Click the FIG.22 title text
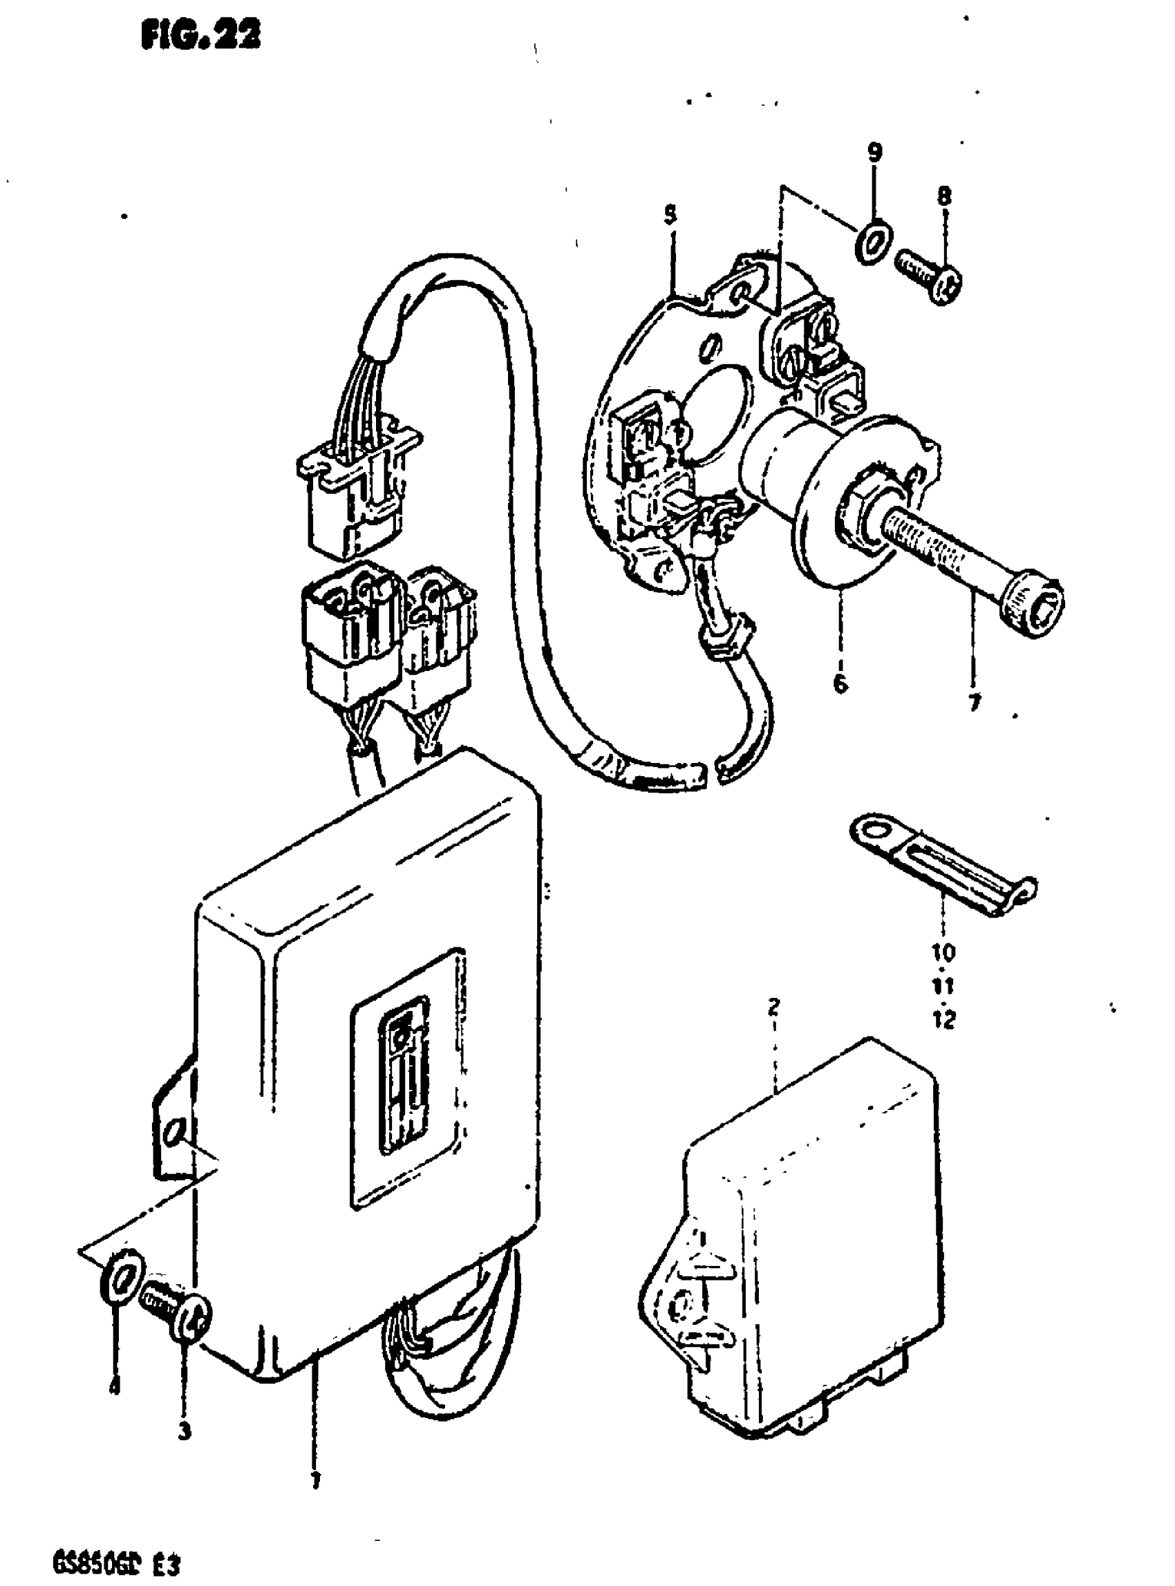coord(201,35)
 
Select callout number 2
coord(774,1006)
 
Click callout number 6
coord(840,683)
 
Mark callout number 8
coord(944,195)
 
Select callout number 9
coord(875,151)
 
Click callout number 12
coord(944,1020)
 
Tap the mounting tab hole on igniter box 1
coord(176,1131)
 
